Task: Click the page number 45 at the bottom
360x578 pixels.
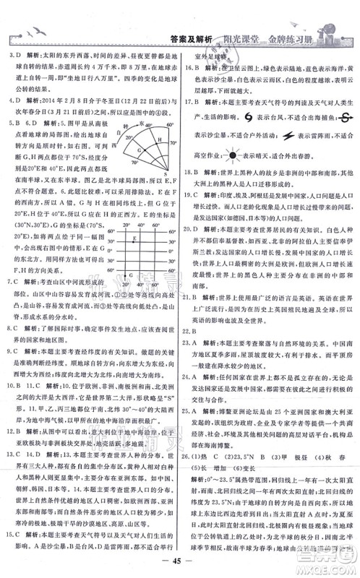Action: click(179, 563)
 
